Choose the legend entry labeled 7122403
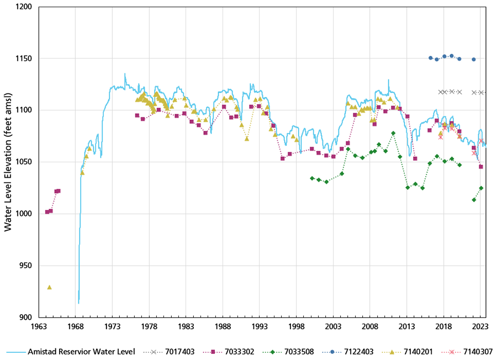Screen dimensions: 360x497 [369, 352]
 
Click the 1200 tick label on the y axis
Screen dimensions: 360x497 [24, 7]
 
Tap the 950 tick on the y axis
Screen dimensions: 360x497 [26, 266]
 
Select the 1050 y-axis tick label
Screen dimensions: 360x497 [24, 162]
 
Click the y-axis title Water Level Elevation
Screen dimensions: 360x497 [8, 162]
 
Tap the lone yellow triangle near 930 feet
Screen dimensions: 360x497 [49, 287]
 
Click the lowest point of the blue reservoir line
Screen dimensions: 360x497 [78, 303]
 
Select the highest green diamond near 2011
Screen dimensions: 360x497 [393, 133]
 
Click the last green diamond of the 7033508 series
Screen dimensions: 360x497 [481, 188]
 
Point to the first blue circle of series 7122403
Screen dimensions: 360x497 [431, 57]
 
